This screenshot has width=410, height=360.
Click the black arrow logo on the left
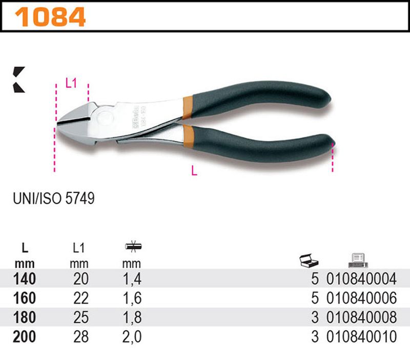point(19,79)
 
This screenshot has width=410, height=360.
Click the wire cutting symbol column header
point(133,247)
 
